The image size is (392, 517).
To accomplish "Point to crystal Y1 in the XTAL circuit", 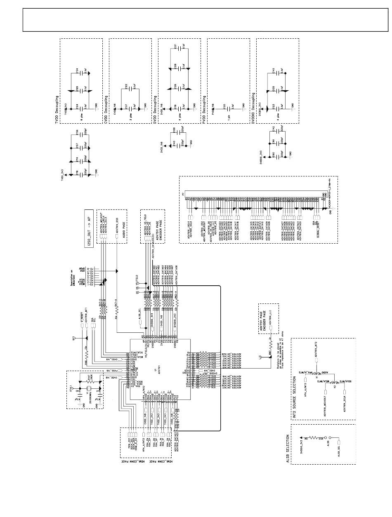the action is click(87, 388).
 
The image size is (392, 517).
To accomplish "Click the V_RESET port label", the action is click(82, 318).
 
